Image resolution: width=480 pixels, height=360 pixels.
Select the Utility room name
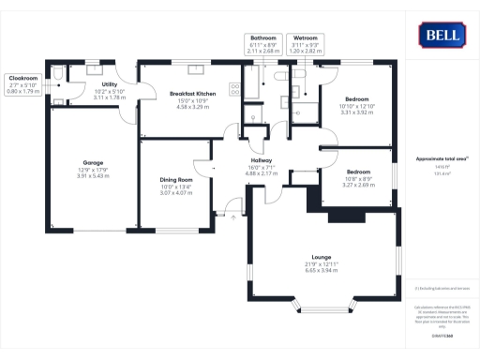tap(110, 84)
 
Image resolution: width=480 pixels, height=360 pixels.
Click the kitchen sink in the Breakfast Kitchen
tap(155, 68)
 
